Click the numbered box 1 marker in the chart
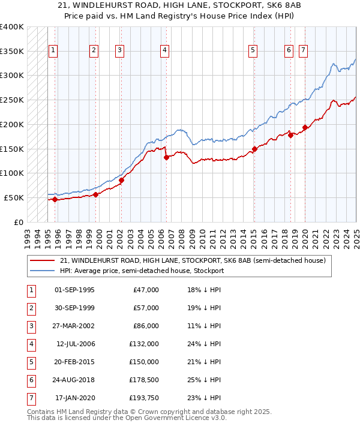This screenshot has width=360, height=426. (x=53, y=51)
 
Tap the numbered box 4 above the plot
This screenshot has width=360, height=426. (x=164, y=51)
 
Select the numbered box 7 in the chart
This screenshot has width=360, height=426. (x=304, y=51)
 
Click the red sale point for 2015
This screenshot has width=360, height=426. (x=254, y=149)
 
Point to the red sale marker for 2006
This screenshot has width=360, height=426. (x=166, y=157)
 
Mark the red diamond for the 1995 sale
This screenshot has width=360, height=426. (x=55, y=199)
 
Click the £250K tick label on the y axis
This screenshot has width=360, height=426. (x=11, y=100)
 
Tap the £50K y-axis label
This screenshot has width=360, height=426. (x=14, y=197)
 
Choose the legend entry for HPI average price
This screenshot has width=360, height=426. (x=142, y=271)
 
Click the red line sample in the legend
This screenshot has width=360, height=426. (x=42, y=261)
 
